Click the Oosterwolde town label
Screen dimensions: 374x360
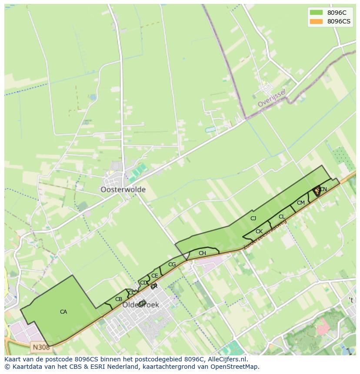[123, 190]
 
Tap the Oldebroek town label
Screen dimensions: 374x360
[140, 305]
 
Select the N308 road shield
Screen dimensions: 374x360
[40, 347]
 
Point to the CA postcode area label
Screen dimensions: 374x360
[63, 312]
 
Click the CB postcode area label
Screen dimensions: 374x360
[119, 299]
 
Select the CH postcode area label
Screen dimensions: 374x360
[202, 253]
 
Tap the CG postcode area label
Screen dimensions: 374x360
[172, 265]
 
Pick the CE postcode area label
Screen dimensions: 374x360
[154, 276]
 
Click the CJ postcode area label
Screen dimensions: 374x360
[253, 218]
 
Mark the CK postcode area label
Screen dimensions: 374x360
[259, 232]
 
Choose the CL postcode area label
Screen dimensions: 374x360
[282, 217]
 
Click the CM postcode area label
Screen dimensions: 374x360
[301, 203]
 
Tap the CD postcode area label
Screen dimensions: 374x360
[143, 283]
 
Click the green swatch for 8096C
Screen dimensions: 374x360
[316, 13]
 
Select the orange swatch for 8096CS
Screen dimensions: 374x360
[316, 21]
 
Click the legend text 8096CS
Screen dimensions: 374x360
[339, 21]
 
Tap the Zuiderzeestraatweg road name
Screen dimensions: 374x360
[265, 235]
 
